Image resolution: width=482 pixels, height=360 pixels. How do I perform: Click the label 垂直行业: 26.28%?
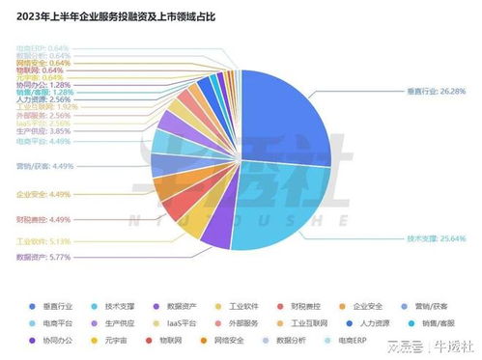436,93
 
